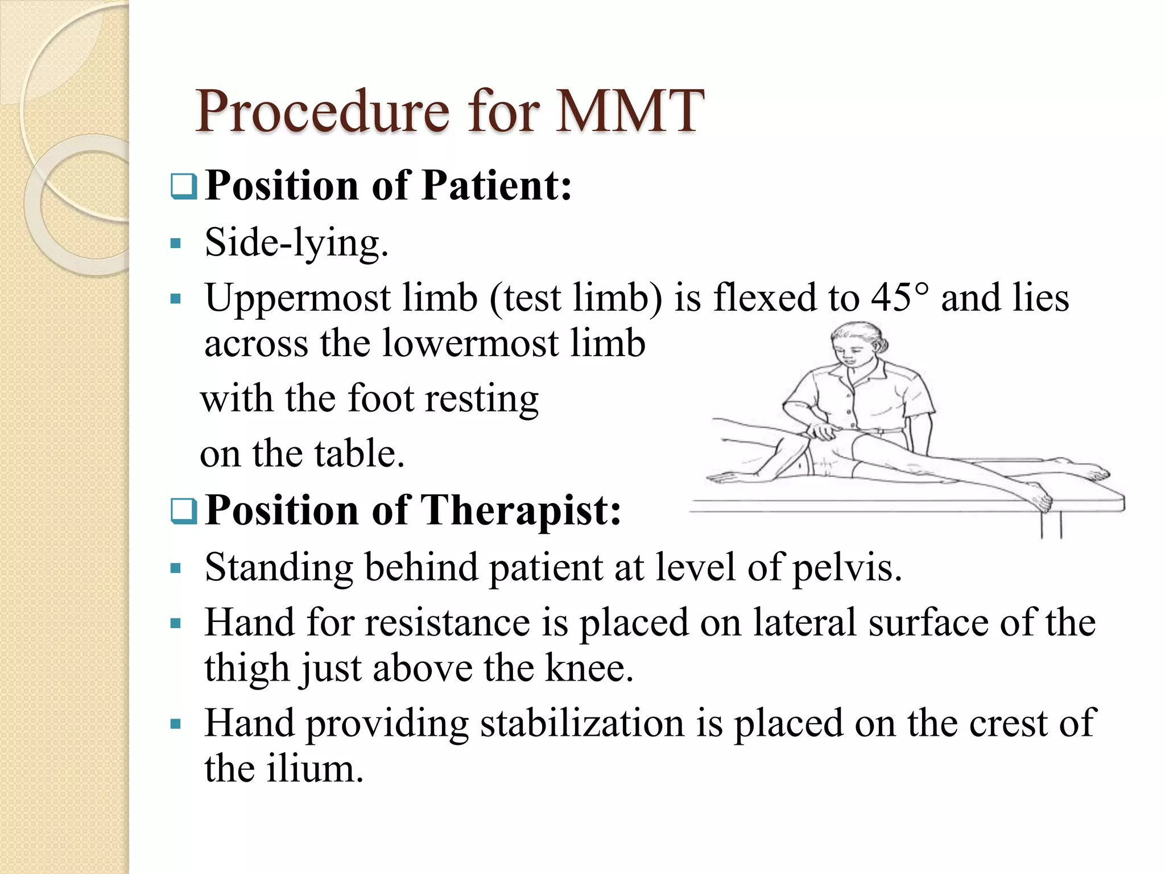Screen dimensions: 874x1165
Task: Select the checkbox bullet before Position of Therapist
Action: [183, 510]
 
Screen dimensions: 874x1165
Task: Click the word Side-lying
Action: [296, 244]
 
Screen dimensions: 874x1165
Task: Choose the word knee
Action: [588, 668]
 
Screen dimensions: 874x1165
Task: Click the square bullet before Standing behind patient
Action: [176, 568]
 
